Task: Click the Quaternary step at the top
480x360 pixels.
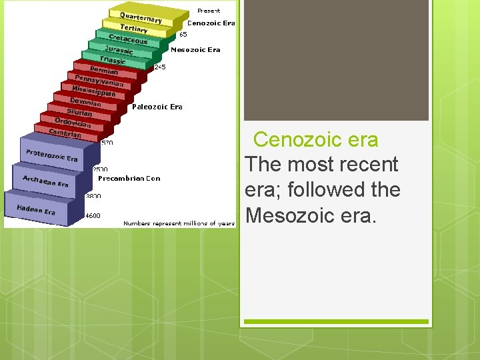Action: point(141,17)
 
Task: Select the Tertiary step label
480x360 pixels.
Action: point(134,29)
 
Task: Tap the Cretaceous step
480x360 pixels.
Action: point(127,39)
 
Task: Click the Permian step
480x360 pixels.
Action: point(104,70)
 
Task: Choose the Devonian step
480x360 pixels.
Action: point(85,103)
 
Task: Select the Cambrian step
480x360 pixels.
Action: point(65,133)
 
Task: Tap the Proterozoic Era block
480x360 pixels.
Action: point(51,155)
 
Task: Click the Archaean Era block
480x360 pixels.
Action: point(45,181)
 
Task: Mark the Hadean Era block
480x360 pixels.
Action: point(36,209)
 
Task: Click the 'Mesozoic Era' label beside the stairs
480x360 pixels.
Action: point(195,49)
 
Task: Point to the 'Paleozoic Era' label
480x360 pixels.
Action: point(157,107)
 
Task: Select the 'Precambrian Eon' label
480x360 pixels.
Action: point(129,179)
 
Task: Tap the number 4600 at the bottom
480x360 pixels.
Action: point(93,215)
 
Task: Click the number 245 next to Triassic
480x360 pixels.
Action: point(160,67)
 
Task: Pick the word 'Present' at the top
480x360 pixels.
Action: point(209,11)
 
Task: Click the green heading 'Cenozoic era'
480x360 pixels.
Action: point(315,140)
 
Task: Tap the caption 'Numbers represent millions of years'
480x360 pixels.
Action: point(179,223)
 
